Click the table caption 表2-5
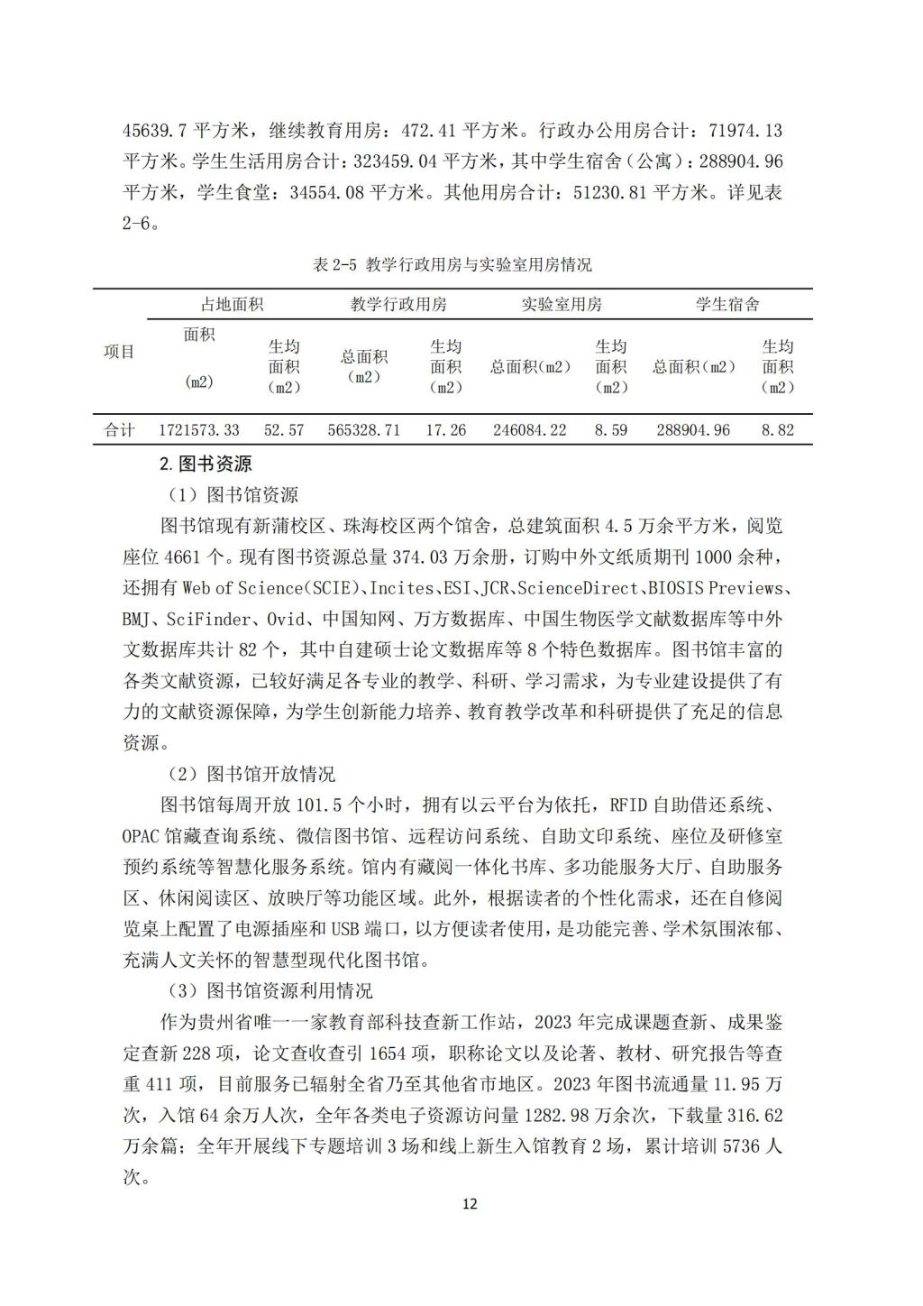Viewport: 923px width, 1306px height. coord(452,264)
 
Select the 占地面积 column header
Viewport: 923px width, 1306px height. coord(232,304)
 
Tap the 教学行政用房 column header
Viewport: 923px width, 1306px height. coord(398,304)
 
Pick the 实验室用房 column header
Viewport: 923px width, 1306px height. coord(561,304)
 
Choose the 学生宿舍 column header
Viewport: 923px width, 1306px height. coord(727,304)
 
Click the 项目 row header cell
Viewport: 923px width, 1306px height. coord(119,352)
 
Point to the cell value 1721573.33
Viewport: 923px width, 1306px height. coord(199,430)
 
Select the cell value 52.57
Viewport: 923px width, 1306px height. coord(284,430)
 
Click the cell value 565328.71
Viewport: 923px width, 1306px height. coord(363,430)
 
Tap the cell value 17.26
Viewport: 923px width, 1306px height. coord(445,430)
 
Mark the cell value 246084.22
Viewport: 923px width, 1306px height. coord(530,430)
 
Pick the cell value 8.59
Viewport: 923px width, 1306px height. coord(610,430)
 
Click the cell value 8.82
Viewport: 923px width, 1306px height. coord(777,430)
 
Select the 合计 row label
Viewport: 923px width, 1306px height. coord(119,430)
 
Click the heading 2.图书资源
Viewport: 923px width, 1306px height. coord(206,464)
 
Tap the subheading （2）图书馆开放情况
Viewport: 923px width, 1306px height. coord(251,774)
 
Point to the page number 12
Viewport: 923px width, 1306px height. coord(469,1204)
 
